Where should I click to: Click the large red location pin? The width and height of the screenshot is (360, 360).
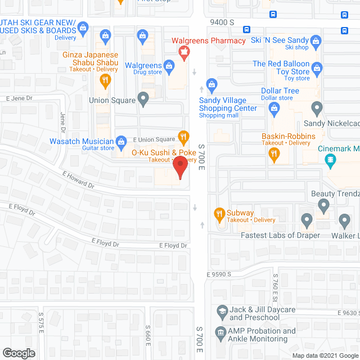[x=179, y=168]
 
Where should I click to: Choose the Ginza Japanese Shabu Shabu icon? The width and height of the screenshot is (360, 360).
[x=105, y=80]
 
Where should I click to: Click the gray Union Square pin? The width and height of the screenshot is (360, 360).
[x=143, y=100]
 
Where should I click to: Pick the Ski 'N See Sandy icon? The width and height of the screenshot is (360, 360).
[x=316, y=41]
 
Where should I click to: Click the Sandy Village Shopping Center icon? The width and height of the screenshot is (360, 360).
[x=211, y=85]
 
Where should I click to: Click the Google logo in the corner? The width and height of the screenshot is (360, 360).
[x=19, y=353]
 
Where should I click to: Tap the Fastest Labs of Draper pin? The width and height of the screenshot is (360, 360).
[x=307, y=219]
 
